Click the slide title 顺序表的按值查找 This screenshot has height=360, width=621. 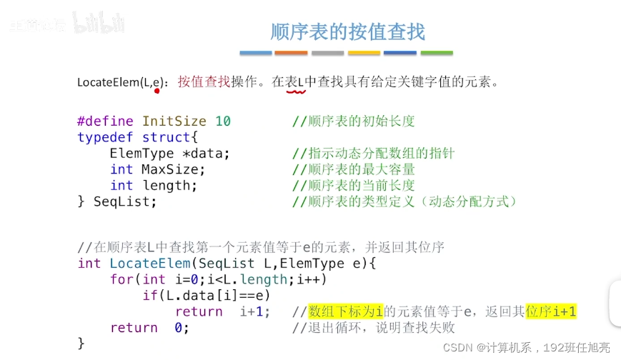tap(347, 31)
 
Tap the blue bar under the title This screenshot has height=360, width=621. tap(255, 53)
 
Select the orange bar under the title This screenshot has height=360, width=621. tap(291, 53)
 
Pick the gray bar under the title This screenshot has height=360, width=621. tap(327, 53)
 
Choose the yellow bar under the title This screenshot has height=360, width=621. tap(364, 53)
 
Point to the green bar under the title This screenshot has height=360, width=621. tap(437, 53)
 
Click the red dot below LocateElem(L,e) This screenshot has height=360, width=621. tap(156, 91)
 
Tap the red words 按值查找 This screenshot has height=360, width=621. tap(204, 81)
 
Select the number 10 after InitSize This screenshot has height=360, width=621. tap(223, 121)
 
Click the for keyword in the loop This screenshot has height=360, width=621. tap(121, 279)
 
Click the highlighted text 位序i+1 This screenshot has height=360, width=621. tap(550, 311)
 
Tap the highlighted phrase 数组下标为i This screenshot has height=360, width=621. tap(346, 311)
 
